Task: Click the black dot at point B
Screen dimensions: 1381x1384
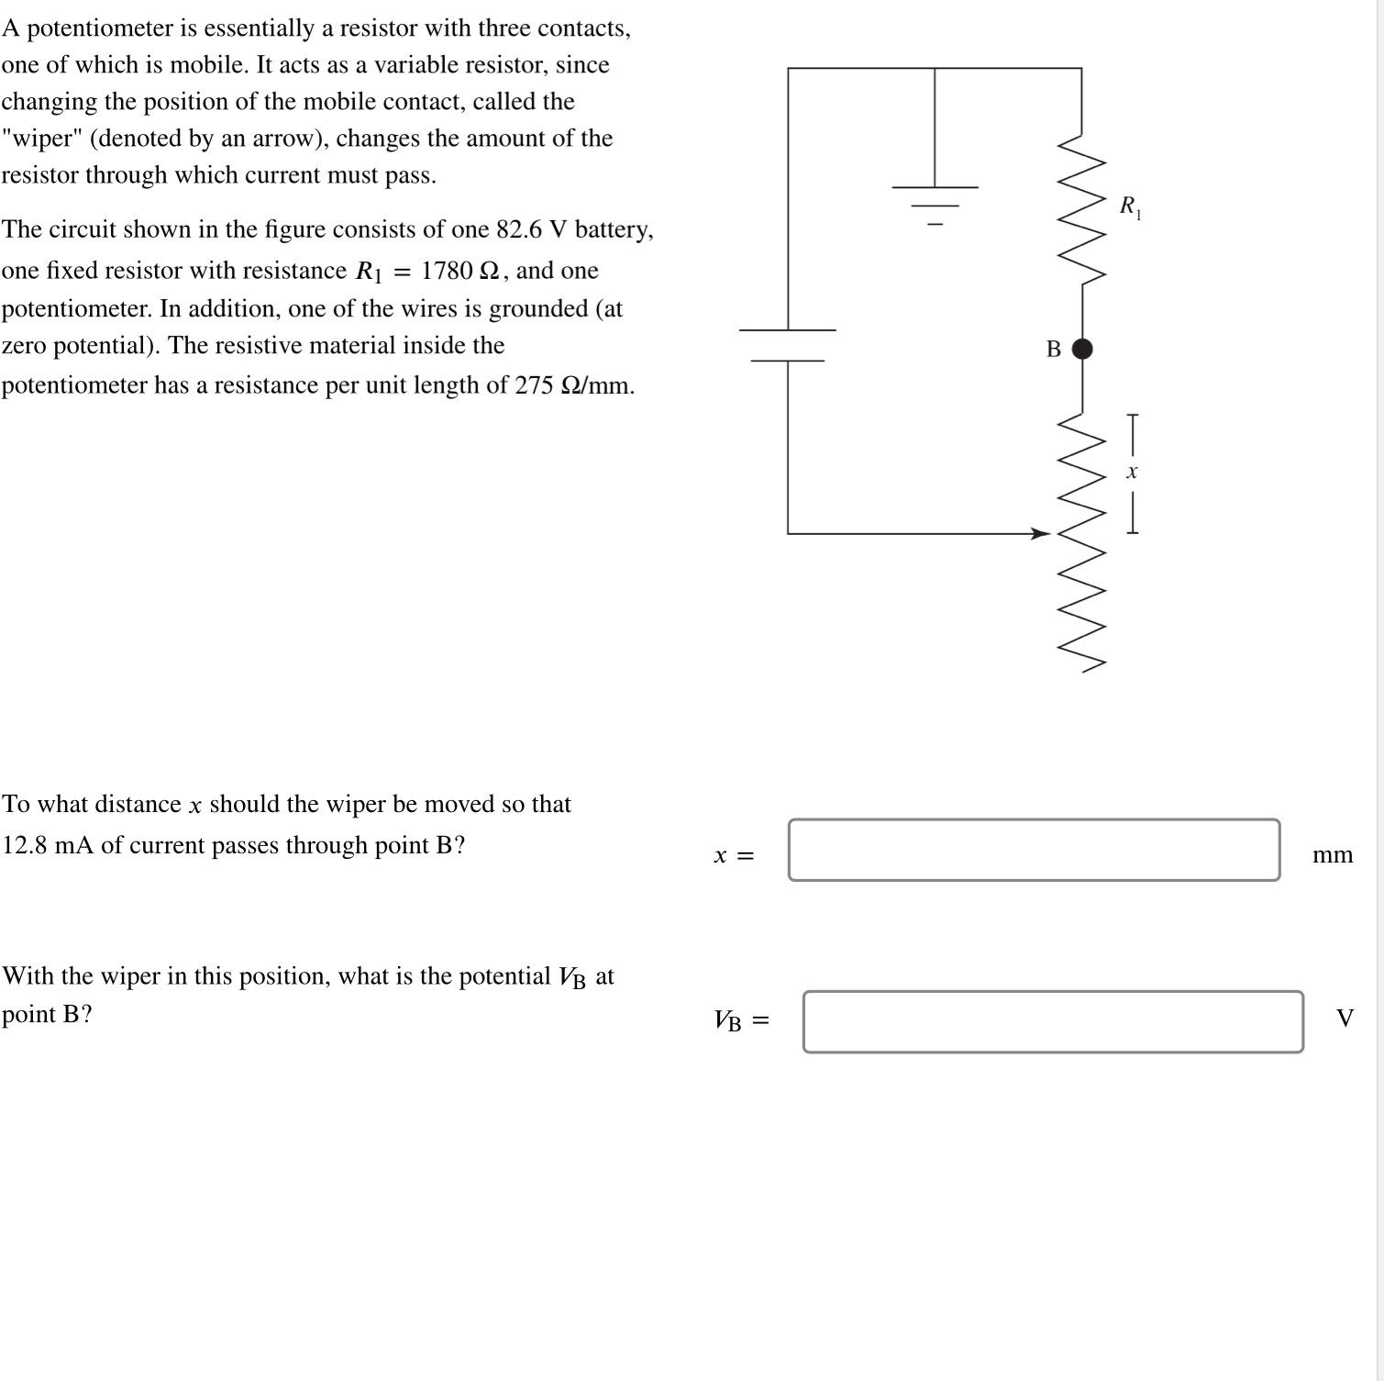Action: tap(1082, 349)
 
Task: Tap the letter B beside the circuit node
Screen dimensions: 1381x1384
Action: tap(1054, 350)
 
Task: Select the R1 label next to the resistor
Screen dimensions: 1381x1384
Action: tap(1130, 206)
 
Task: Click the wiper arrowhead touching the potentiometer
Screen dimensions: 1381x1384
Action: tap(1040, 533)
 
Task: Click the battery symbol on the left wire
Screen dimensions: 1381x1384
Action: tap(788, 345)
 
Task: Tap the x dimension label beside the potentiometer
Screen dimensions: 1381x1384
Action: tap(1132, 473)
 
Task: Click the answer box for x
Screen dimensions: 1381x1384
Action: tap(1034, 851)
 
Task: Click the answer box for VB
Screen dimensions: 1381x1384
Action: tap(1053, 1021)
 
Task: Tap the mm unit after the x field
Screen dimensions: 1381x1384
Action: tap(1332, 855)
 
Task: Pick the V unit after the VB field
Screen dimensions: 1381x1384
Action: tap(1345, 1019)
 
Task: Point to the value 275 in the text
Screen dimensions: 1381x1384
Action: tap(534, 385)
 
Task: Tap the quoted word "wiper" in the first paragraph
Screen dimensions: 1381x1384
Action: tap(41, 139)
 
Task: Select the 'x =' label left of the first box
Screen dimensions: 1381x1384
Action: tap(734, 855)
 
